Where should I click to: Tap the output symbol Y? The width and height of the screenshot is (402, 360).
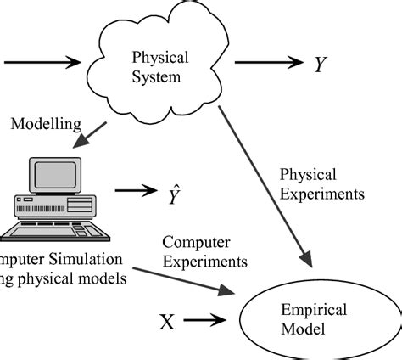point(320,64)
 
